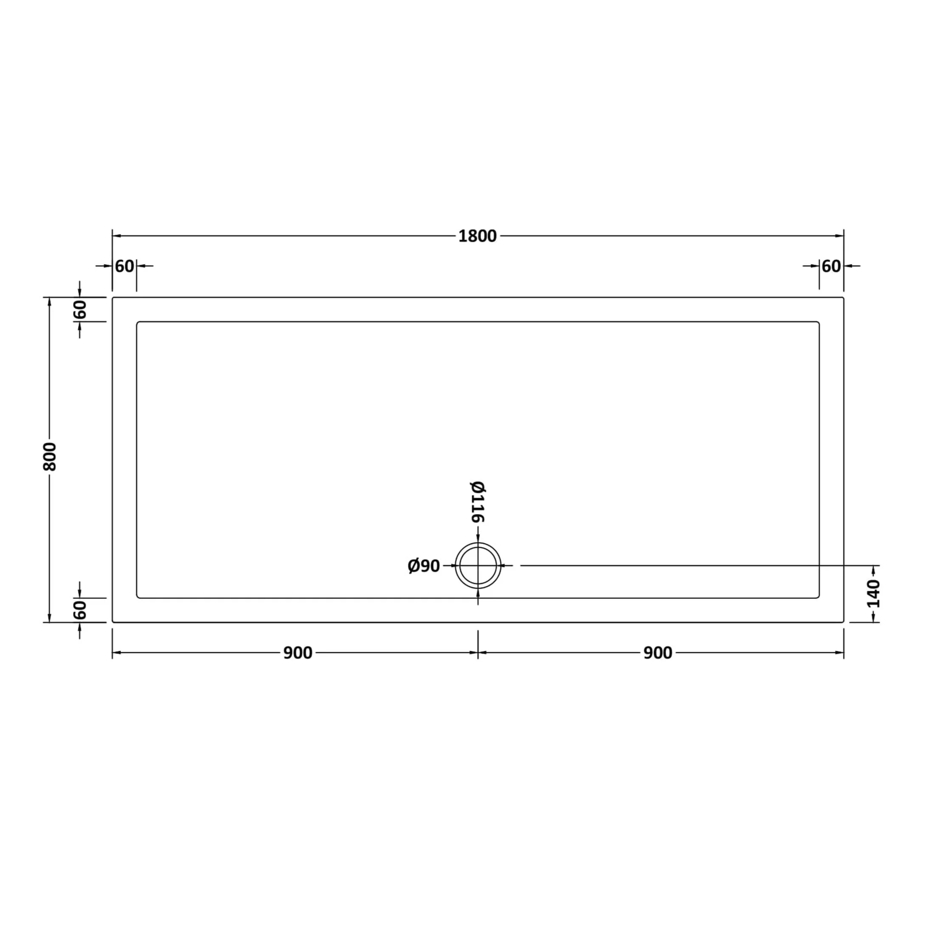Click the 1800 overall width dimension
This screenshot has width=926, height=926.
click(477, 236)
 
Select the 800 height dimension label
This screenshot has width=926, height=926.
click(49, 456)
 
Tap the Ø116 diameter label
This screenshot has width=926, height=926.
click(478, 501)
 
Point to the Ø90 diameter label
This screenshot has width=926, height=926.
click(424, 566)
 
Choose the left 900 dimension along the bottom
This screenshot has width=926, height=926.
click(298, 653)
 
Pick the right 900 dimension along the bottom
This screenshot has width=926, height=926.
click(658, 653)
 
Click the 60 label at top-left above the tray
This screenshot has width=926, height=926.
click(125, 266)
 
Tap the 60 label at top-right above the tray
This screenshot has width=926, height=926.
click(832, 266)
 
